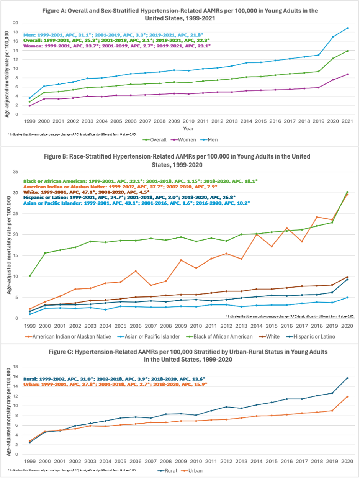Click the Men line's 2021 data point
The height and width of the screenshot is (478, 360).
347,28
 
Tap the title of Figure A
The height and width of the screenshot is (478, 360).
180,14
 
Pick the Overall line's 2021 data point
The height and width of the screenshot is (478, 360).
347,51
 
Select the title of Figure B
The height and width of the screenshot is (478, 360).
180,160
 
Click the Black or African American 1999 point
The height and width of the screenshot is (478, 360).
30,276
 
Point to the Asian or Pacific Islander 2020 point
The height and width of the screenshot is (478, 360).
347,298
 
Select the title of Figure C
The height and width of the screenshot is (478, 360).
180,355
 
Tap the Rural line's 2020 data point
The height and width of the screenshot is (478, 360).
347,378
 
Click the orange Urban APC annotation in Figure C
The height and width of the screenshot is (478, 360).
115,384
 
